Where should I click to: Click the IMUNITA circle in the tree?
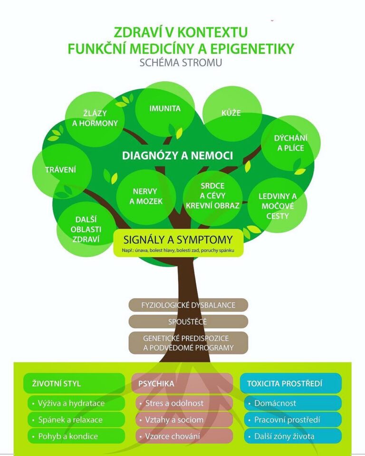[165, 109]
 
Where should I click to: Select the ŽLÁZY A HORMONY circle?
[95, 118]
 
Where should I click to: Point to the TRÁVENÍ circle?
[61, 170]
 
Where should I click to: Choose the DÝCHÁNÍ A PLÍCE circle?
[290, 143]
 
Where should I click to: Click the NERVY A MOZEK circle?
[147, 196]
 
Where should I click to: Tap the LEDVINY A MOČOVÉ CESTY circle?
[278, 206]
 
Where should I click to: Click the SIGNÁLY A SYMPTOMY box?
[178, 243]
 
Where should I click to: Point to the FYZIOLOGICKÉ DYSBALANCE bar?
[188, 305]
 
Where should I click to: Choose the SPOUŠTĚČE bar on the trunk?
[188, 322]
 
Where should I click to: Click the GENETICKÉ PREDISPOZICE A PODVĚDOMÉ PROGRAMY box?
[188, 342]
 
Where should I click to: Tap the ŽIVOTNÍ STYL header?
[74, 383]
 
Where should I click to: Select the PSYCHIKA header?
[182, 383]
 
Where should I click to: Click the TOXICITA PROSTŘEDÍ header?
[290, 383]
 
